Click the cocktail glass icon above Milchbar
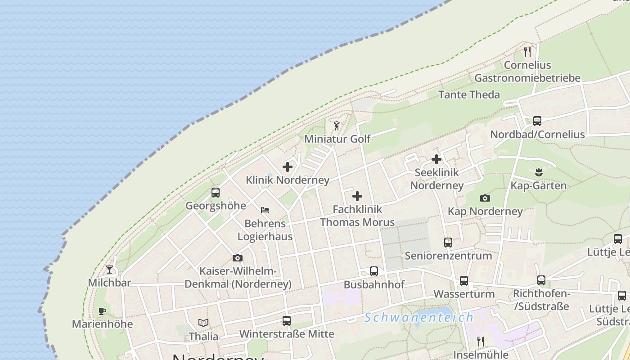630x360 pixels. tap(109, 270)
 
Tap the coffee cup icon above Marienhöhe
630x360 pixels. tap(102, 311)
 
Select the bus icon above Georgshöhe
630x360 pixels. tap(216, 193)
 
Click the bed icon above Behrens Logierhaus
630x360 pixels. tap(265, 210)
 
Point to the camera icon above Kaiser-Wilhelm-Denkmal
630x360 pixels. tap(238, 258)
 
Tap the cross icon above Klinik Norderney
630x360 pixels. tap(288, 167)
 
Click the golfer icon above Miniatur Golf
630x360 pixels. tap(337, 126)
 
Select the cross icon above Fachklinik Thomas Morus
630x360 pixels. tap(357, 196)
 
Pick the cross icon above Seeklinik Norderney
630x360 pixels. tap(436, 159)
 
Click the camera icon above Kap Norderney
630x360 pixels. tap(485, 198)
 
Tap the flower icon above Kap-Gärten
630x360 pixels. tap(539, 172)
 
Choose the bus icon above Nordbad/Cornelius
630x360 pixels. tap(537, 121)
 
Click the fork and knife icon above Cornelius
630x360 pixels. tap(527, 52)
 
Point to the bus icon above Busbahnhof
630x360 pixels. tap(374, 271)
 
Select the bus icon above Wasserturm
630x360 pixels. tap(464, 281)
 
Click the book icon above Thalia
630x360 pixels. tap(203, 323)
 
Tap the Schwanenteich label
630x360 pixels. tap(419, 317)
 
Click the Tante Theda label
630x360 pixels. tap(469, 94)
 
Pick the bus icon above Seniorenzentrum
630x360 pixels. tap(448, 243)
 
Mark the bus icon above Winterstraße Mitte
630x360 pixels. tap(287, 321)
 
